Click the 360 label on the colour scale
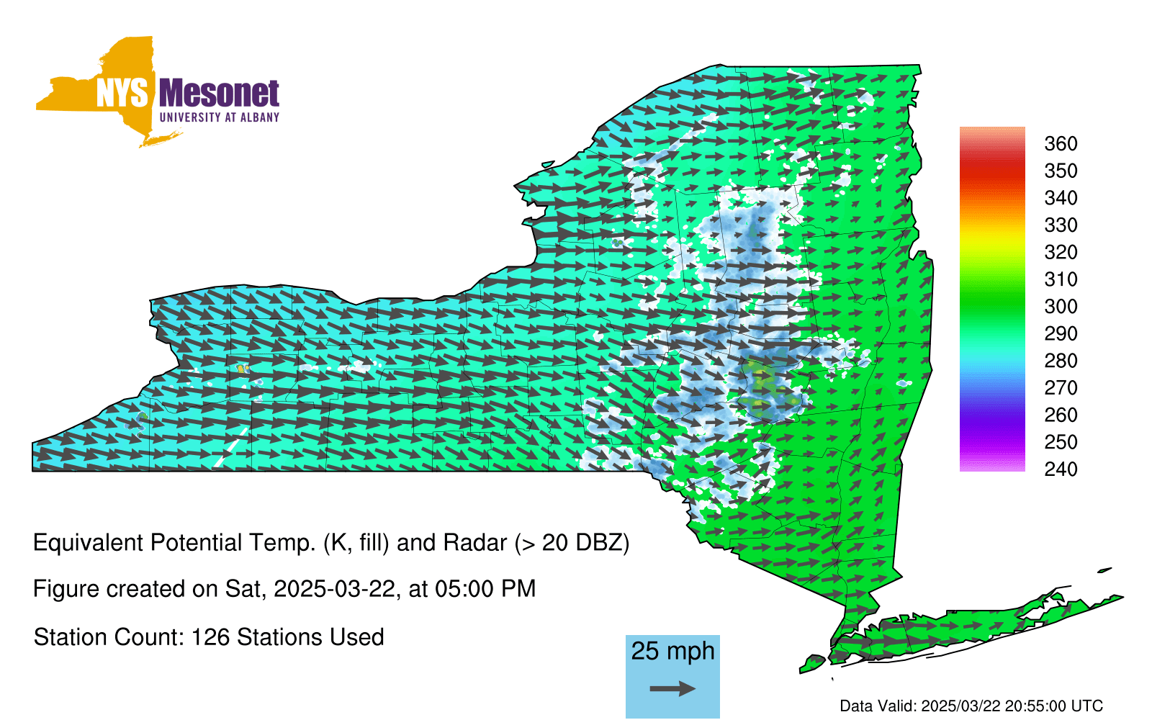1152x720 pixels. click(1061, 143)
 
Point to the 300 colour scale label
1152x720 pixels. click(1061, 307)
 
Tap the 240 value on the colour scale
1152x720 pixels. click(1061, 469)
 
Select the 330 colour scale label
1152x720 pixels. click(1061, 225)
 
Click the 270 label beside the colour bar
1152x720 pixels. click(1061, 388)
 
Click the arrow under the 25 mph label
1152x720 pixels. click(672, 688)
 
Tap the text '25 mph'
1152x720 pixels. click(672, 651)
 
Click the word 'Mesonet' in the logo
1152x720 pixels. click(220, 94)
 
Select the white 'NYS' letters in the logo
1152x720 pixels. click(122, 93)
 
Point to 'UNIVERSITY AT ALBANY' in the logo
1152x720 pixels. click(220, 117)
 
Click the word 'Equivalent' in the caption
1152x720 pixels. click(88, 543)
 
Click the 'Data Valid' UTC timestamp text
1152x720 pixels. click(971, 706)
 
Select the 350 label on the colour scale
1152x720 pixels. click(1061, 171)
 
